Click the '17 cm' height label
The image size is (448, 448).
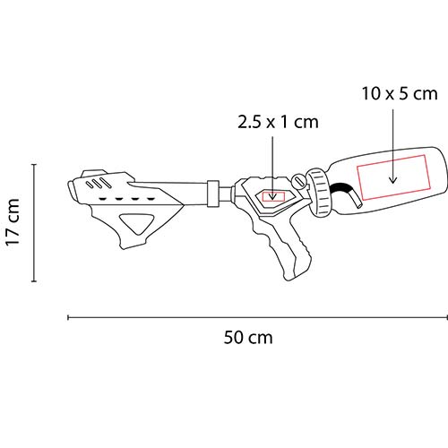[13, 222]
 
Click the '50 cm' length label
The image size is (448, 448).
[249, 338]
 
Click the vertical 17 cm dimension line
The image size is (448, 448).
[34, 222]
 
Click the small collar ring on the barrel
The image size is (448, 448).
[212, 192]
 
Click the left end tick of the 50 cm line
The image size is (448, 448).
[69, 316]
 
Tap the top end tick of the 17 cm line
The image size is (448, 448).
[34, 164]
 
